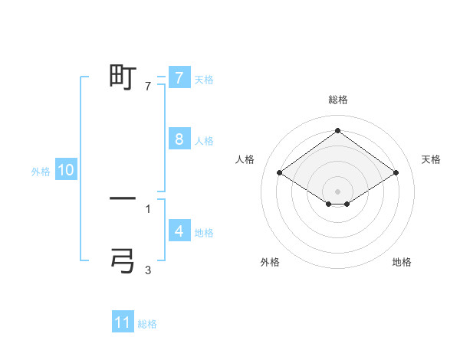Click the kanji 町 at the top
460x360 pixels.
(123, 77)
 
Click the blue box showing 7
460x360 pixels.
(179, 77)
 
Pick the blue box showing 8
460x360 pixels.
(179, 139)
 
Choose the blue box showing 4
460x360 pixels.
(179, 231)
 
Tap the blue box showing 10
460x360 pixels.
(65, 170)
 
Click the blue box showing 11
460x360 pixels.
(123, 322)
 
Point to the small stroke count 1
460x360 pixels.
(148, 208)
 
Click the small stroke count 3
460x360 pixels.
(148, 270)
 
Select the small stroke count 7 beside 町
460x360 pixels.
(148, 87)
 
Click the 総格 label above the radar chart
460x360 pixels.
(338, 100)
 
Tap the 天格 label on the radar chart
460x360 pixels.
(431, 159)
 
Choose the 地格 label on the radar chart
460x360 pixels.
(402, 262)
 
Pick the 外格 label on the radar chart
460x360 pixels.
(270, 262)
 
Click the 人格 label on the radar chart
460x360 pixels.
(245, 159)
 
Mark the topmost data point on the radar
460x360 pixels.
(338, 130)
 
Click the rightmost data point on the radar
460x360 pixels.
(396, 173)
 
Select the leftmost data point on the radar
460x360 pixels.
(280, 173)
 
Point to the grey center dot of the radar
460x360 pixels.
(338, 191)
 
